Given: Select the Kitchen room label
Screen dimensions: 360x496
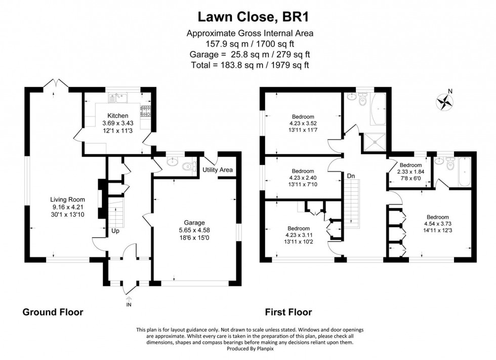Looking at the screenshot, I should click(x=117, y=116).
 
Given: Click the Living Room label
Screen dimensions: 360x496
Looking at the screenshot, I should click(x=67, y=199).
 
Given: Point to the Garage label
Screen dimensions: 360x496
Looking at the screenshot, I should click(x=194, y=222).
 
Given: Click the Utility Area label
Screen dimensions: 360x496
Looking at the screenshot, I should click(x=218, y=170).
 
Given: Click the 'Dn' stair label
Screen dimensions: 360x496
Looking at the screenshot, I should click(x=351, y=176).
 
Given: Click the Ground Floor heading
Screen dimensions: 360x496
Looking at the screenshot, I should click(x=53, y=312).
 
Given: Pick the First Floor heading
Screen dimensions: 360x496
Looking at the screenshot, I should click(x=288, y=312).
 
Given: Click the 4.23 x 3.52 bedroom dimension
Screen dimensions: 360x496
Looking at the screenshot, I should click(x=303, y=123).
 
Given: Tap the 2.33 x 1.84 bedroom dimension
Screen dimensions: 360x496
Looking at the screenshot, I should click(x=410, y=172).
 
